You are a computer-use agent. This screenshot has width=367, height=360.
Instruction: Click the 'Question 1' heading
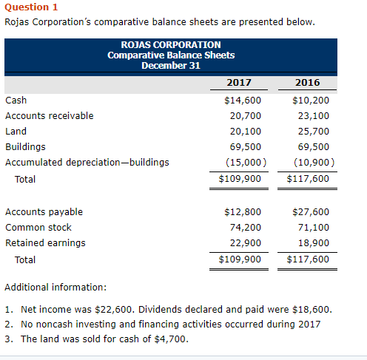31,7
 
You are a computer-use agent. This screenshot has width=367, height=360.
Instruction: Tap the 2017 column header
238,82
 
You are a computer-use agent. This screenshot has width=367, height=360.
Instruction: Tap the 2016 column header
307,82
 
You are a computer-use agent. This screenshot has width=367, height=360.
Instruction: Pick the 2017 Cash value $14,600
243,100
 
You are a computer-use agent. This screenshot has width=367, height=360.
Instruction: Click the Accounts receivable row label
49,115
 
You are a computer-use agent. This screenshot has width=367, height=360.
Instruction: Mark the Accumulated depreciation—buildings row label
87,162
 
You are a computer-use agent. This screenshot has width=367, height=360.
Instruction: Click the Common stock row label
38,227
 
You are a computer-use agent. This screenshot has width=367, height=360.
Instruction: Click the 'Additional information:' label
55,286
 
